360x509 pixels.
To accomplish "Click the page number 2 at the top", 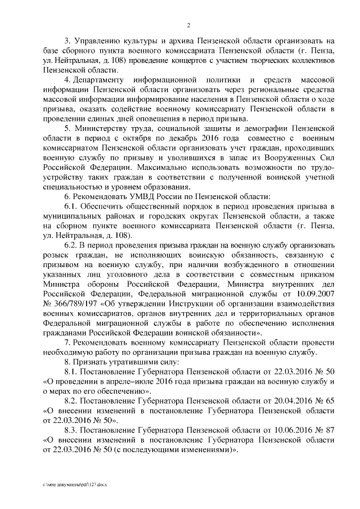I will pyautogui.click(x=190, y=25).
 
